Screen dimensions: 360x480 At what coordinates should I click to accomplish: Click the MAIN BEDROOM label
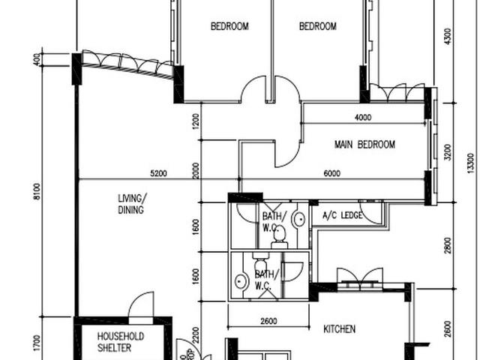click(364, 145)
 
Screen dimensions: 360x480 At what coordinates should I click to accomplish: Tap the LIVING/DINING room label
click(132, 204)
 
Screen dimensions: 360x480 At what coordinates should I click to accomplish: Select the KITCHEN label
click(339, 328)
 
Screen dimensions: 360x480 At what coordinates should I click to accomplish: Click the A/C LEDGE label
click(342, 216)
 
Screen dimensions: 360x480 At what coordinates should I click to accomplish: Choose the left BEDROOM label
click(229, 27)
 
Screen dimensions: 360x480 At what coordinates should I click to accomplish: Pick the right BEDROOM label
click(318, 27)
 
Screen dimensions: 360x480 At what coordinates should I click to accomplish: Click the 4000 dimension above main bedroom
click(362, 117)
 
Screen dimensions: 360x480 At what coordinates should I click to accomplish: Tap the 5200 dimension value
click(157, 173)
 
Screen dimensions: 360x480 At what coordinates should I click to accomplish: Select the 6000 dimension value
click(331, 173)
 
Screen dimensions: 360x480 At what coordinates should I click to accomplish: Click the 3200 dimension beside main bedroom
click(448, 152)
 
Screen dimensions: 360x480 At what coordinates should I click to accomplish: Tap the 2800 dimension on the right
click(448, 244)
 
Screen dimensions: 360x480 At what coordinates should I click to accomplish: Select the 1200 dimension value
click(196, 120)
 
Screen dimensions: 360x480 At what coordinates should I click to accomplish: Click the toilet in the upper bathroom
click(279, 234)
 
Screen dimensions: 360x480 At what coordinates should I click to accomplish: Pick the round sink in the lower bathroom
click(241, 281)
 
